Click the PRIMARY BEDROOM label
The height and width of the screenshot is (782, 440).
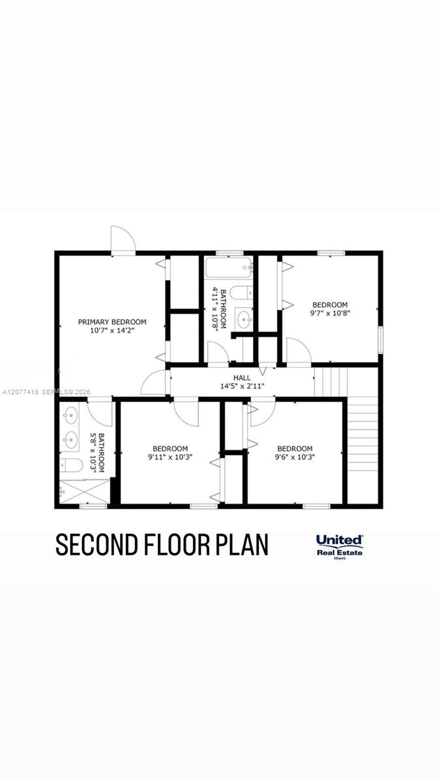(x=112, y=322)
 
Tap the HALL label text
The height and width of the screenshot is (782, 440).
(x=242, y=378)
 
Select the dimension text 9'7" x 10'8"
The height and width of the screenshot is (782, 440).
(x=330, y=313)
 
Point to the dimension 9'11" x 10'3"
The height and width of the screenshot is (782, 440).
(x=170, y=457)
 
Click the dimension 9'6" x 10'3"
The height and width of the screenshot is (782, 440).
(x=295, y=457)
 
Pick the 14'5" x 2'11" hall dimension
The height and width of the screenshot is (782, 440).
(x=242, y=386)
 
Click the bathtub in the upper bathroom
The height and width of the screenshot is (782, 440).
(x=229, y=268)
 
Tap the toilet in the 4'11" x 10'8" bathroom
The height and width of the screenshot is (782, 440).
(x=242, y=293)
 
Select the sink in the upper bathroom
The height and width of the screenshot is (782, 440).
(x=244, y=319)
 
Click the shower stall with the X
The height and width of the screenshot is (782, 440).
(x=85, y=491)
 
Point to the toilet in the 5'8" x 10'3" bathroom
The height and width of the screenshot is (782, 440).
(x=71, y=465)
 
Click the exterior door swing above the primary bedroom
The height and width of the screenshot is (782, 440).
(x=123, y=239)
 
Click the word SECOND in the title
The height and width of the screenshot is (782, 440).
(x=96, y=544)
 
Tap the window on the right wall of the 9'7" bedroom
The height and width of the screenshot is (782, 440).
(x=381, y=340)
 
